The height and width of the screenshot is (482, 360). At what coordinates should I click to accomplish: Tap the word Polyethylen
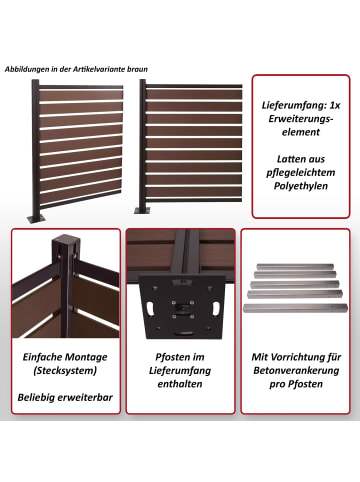pos(301,186)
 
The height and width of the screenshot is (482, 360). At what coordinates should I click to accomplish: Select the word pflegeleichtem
pos(301,172)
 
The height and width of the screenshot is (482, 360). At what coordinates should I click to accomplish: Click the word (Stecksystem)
pos(65,370)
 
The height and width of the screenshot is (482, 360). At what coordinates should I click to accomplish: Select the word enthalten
pos(180,384)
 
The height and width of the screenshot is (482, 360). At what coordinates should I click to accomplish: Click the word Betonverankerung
pos(296,370)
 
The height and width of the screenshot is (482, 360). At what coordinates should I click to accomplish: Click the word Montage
pos(87,357)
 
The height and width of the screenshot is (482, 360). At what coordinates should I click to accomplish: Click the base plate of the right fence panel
pos(142,211)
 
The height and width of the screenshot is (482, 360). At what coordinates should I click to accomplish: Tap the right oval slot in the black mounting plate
pos(216,307)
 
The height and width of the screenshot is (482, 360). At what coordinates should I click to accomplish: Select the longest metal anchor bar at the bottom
pos(295,308)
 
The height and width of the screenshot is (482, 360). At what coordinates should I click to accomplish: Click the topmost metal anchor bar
pos(294,267)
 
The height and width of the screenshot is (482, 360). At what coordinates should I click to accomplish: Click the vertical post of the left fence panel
pos(36,147)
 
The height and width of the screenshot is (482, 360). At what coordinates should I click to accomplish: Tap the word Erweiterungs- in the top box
pos(301,119)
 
